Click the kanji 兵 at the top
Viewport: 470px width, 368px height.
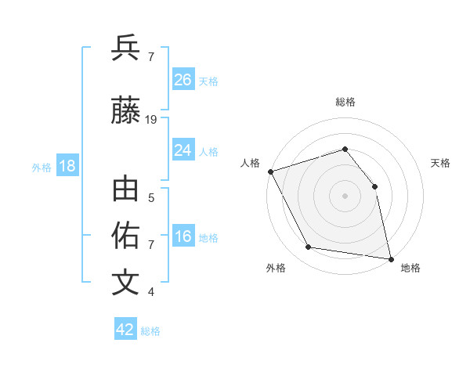[x=126, y=48]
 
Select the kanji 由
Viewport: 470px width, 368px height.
[x=126, y=191]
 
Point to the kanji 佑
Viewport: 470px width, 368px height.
[x=126, y=236]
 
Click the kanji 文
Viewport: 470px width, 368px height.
[x=126, y=283]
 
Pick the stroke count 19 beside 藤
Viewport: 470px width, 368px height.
[x=151, y=120]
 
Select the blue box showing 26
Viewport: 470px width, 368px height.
[x=183, y=79]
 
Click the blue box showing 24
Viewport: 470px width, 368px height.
[x=183, y=150]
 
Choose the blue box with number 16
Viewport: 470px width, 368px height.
[x=183, y=236]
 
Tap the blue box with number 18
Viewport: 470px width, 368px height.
[x=67, y=166]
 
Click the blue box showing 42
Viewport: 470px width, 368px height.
[x=125, y=330]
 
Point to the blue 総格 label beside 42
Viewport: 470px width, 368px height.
[x=150, y=331]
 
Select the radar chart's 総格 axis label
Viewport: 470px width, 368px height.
[x=345, y=102]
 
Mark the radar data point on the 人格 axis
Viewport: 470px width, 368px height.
[x=270, y=171]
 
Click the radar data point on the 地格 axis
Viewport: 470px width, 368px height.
[x=390, y=258]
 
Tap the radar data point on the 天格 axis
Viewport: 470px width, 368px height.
[x=374, y=186]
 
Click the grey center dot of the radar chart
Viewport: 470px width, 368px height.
[x=345, y=196]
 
